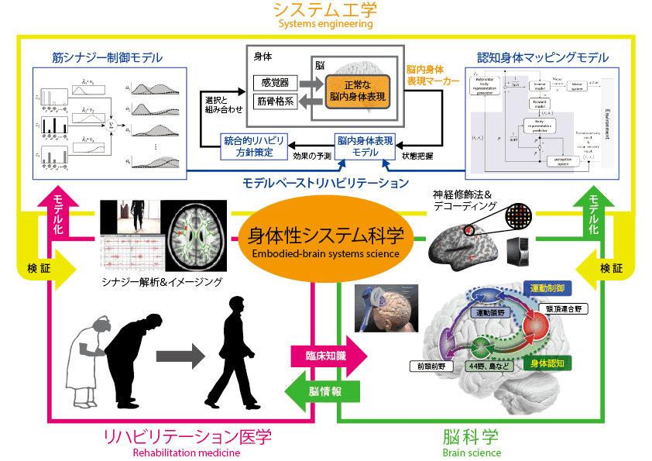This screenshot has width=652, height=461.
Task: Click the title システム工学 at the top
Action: (325, 10)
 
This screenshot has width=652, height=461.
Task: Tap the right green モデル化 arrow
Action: (592, 212)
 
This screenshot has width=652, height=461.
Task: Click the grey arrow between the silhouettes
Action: (179, 356)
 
